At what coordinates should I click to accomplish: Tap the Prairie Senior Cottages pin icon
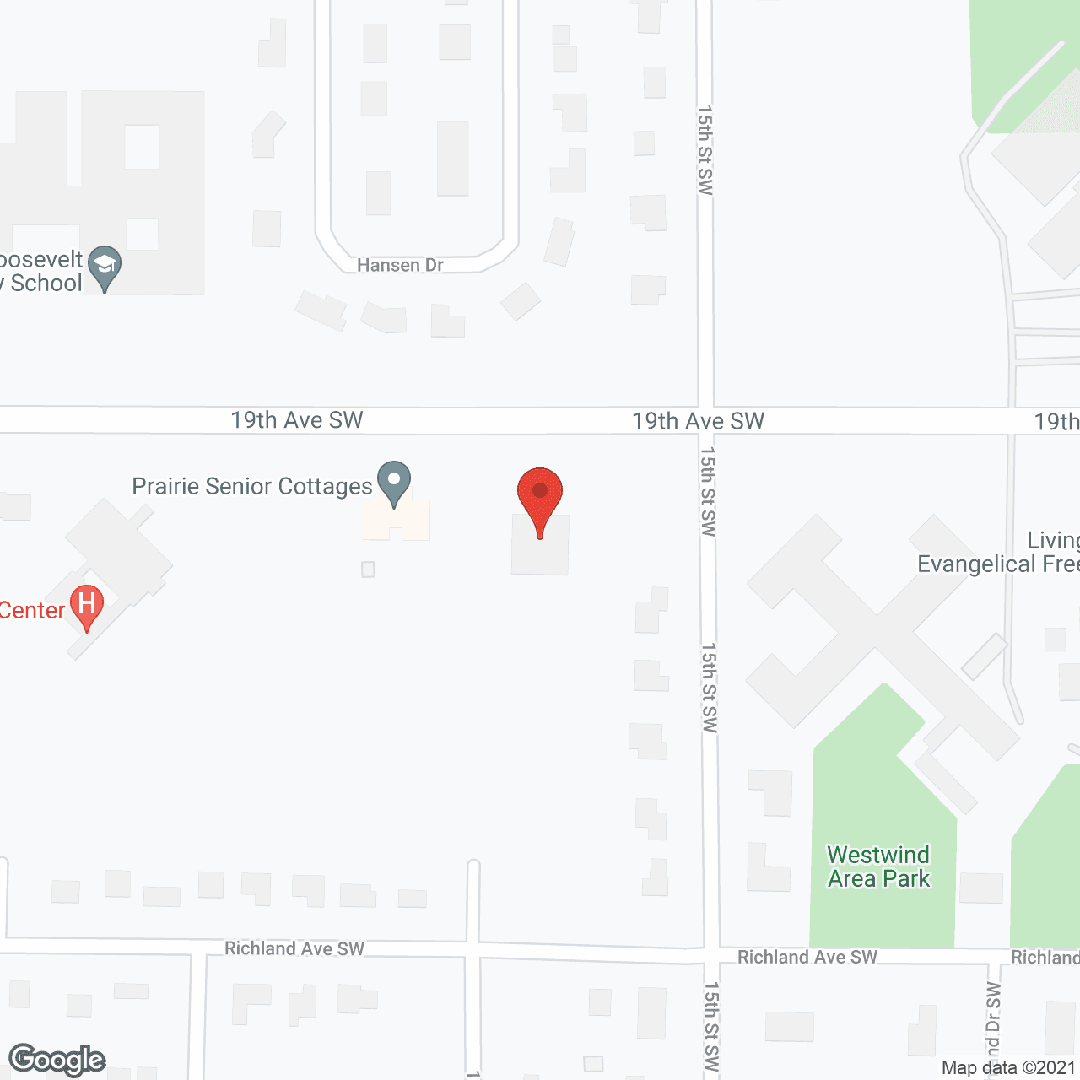click(x=393, y=483)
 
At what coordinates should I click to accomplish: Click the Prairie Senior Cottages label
click(x=252, y=486)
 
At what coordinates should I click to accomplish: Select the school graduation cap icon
click(x=105, y=266)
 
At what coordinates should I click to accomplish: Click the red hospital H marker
click(x=86, y=606)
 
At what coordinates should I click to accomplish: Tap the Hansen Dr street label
click(x=400, y=265)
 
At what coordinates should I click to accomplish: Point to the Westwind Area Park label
click(x=878, y=867)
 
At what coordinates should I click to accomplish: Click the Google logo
click(x=57, y=1060)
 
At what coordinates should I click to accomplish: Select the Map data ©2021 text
click(x=1009, y=1067)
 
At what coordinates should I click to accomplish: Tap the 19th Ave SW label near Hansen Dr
click(x=297, y=420)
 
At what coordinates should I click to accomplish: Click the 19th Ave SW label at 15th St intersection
click(x=698, y=421)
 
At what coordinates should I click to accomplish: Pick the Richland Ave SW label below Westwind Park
click(x=807, y=957)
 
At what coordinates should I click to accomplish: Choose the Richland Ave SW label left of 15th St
click(x=294, y=948)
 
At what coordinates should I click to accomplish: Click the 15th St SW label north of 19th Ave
click(x=705, y=150)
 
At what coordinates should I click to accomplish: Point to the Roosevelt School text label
click(x=42, y=271)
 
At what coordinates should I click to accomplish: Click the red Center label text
click(x=32, y=610)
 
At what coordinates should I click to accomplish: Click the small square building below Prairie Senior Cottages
click(x=368, y=570)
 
